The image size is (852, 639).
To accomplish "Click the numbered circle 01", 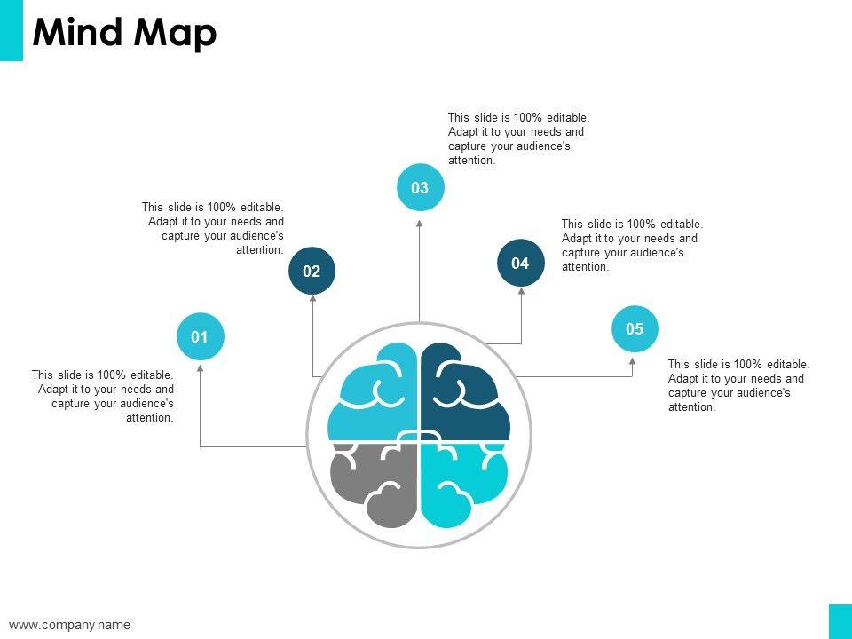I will click(200, 336).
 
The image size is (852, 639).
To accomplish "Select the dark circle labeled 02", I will click(312, 271).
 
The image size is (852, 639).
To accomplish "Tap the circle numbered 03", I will click(420, 187).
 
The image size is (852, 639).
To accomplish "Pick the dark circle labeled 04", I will click(520, 263).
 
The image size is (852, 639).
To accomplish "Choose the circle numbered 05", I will click(635, 328).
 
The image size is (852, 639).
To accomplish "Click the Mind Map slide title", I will click(124, 33).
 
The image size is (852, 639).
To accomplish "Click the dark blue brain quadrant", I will click(463, 395).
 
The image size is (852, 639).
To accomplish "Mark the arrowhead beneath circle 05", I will click(633, 361).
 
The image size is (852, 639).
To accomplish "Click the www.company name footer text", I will click(70, 625).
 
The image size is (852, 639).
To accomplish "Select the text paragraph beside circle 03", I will click(518, 138).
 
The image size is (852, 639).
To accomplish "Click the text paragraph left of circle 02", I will click(213, 228).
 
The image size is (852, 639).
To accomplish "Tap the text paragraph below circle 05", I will click(738, 385).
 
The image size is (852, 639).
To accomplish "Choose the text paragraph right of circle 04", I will click(632, 245).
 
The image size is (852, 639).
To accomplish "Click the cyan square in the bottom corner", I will click(840, 621).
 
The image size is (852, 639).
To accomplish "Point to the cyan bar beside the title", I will click(12, 30).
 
